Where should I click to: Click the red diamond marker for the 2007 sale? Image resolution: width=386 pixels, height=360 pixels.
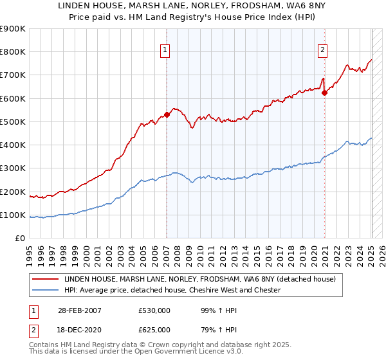(x=167, y=115)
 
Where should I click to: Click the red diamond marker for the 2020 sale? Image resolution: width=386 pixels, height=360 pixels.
(x=325, y=93)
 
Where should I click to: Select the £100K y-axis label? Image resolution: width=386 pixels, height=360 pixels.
(x=14, y=215)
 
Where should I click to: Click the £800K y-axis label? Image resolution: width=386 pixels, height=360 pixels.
(x=14, y=52)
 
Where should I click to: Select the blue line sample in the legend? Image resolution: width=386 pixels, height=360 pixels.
(x=45, y=290)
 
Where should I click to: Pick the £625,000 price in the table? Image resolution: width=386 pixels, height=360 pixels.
(x=154, y=329)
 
